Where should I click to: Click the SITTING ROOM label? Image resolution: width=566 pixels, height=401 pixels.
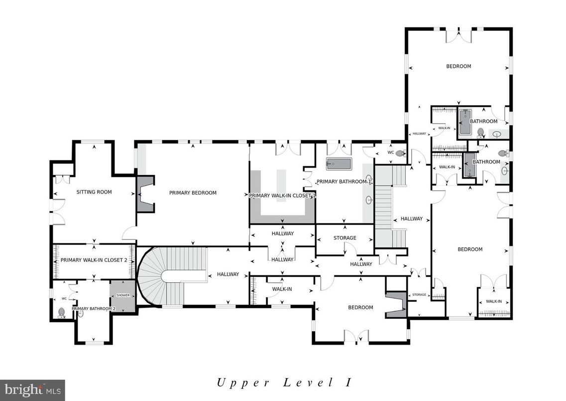pos(94,192)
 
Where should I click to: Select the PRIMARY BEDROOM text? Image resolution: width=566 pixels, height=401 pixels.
pos(193,193)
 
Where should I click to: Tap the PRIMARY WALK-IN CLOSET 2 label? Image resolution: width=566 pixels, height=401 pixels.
pos(94,260)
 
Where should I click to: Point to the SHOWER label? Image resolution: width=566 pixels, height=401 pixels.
pos(122,295)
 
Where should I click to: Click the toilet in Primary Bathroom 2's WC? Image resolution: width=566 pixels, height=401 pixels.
pos(61,313)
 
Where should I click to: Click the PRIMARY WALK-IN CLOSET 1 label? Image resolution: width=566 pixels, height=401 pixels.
pos(282,196)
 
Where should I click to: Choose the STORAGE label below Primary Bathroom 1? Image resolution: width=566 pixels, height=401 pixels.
pos(344,238)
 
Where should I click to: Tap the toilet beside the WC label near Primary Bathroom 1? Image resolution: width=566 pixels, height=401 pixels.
pos(400,154)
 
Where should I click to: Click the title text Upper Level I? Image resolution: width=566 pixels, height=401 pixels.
pos(284,383)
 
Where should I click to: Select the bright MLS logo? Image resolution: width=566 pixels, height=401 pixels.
pos(32,390)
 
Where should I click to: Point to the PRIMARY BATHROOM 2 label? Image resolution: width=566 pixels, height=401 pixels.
pos(94,309)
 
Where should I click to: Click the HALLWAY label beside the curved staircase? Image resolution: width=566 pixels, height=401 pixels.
pos(228,274)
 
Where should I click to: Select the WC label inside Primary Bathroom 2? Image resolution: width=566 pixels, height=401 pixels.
pos(64,299)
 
